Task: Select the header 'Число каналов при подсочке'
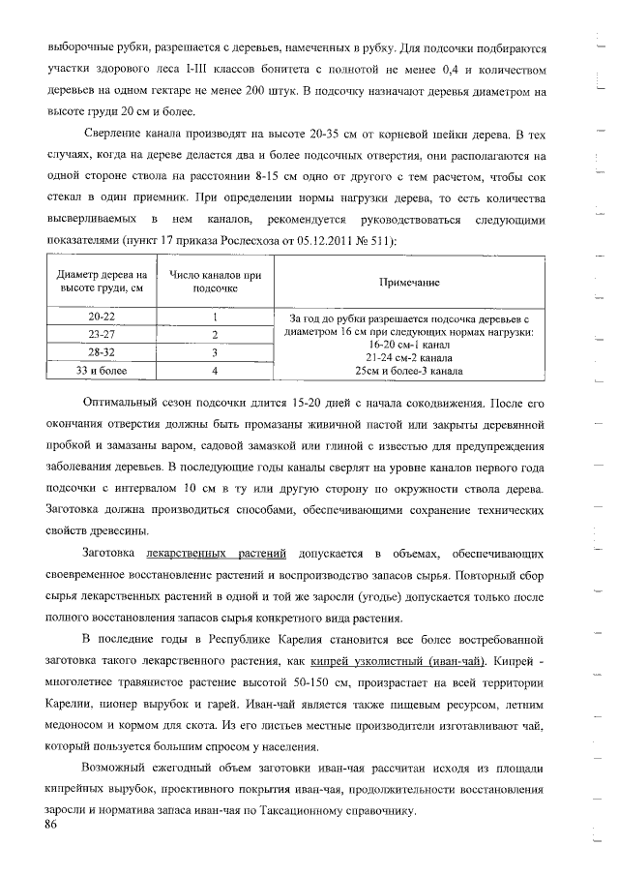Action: tap(216, 282)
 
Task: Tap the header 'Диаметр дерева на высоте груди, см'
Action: tap(102, 282)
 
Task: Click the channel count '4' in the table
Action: tap(215, 371)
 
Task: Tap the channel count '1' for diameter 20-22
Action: tap(215, 317)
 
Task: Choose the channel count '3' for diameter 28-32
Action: tap(215, 352)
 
